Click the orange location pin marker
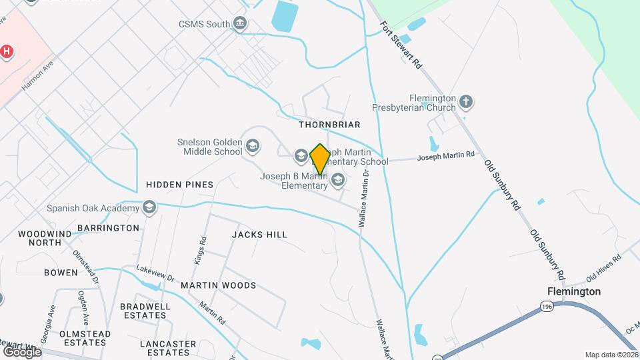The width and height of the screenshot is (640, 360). click(320, 159)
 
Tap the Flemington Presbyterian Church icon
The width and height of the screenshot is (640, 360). click(466, 102)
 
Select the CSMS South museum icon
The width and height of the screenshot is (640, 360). click(240, 25)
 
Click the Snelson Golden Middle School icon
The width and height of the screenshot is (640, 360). click(253, 145)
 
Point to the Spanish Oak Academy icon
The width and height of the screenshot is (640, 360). click(149, 207)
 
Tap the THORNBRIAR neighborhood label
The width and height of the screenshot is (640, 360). click(329, 125)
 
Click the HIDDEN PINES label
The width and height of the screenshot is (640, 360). click(179, 185)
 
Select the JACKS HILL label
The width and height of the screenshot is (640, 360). click(259, 235)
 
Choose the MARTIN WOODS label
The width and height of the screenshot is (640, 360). click(218, 285)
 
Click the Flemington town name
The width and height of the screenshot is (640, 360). click(573, 291)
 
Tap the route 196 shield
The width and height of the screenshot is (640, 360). click(547, 306)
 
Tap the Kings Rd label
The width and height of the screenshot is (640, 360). click(199, 250)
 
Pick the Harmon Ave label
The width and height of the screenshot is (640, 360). click(37, 78)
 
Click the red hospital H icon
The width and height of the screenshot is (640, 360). click(7, 51)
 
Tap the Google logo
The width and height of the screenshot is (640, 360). click(22, 351)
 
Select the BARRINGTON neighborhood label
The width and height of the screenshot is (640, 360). click(108, 228)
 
